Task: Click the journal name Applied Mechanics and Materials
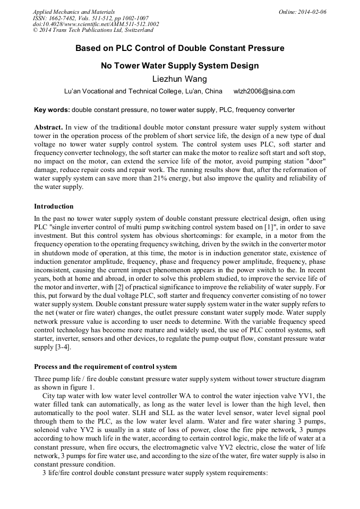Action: pyautogui.click(x=74, y=12)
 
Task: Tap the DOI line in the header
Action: pyautogui.click(x=96, y=24)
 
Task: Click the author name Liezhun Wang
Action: pyautogui.click(x=179, y=79)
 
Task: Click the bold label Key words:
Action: pyautogui.click(x=52, y=110)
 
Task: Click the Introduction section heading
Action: pyautogui.click(x=54, y=206)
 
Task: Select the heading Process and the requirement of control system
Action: pyautogui.click(x=105, y=367)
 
